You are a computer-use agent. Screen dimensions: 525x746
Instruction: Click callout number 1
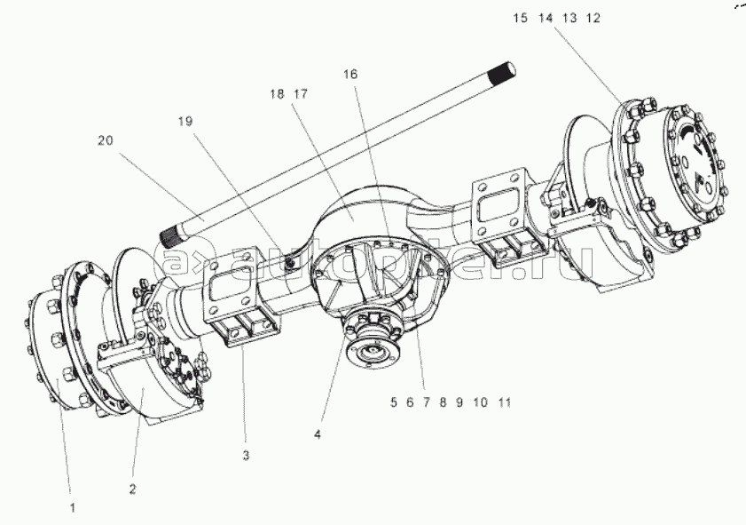pos(73,507)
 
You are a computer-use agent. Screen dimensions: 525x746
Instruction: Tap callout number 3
pos(246,455)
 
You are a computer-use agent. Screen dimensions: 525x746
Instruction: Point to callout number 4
pos(317,435)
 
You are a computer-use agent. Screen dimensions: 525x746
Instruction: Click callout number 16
pos(351,76)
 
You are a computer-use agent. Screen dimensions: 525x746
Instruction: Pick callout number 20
pos(106,139)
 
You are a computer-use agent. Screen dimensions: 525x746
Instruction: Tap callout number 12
pos(618,18)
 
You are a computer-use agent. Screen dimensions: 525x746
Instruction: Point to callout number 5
pos(393,402)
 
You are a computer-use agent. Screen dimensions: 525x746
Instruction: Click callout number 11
pos(504,402)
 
